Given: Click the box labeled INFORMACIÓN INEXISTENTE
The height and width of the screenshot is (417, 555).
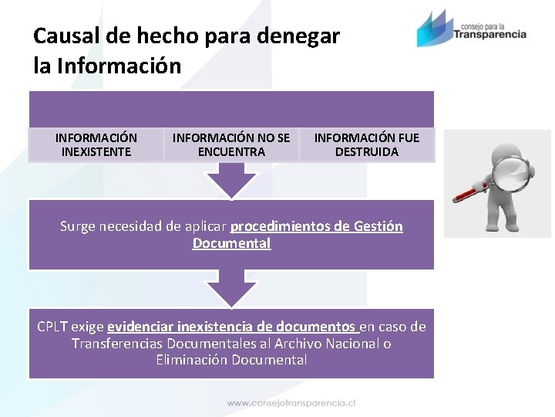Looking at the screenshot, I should pos(96,145).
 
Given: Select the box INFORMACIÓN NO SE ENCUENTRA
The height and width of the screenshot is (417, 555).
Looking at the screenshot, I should pos(231,145).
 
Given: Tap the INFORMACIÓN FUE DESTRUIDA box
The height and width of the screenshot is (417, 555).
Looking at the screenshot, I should pos(367,145).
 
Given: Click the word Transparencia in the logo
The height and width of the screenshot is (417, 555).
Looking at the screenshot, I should pos(490,34).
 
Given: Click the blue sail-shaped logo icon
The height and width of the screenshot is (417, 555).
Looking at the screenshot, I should pos(433,29).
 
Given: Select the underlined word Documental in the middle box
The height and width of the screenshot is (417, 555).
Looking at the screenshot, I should pos(231,243).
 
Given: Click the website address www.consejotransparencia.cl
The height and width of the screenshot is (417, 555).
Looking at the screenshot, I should pos(291,402).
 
